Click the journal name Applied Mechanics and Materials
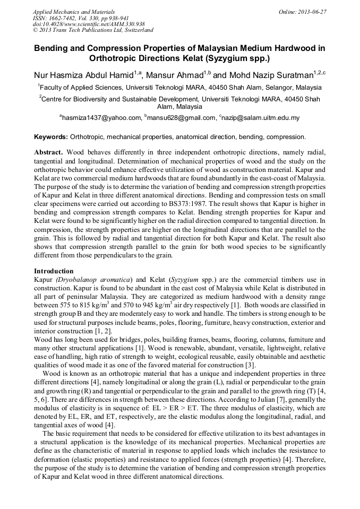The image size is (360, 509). pyautogui.click(x=66, y=11)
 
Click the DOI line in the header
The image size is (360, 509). pyautogui.click(x=89, y=24)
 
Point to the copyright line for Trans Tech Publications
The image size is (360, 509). pyautogui.click(x=93, y=30)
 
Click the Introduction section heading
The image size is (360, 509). pyautogui.click(x=54, y=271)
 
